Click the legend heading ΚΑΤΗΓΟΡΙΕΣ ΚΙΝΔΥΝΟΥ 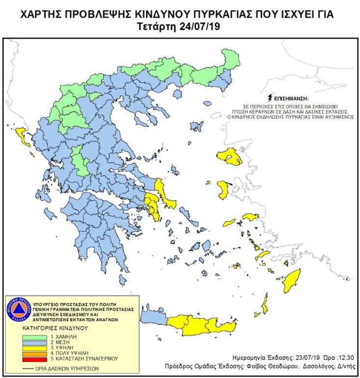pos(54,328)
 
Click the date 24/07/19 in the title pos(201,26)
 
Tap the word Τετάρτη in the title pos(155,26)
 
